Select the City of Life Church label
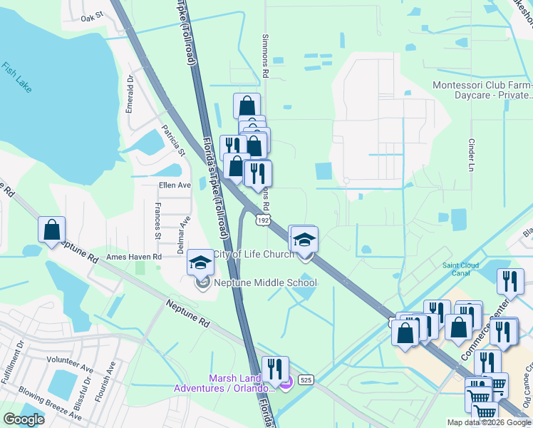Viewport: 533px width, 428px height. point(253,255)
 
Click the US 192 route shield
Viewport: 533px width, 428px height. point(264,221)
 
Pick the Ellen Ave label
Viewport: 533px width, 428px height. point(175,185)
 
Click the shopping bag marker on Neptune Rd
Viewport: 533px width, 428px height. point(51,231)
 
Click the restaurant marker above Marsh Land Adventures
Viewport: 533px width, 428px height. point(275,370)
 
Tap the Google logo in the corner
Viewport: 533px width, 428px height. point(24,419)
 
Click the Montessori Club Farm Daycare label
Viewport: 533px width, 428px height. point(482,91)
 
